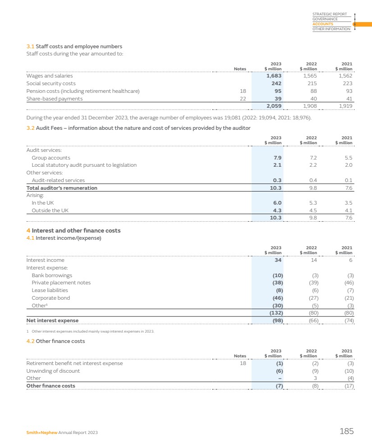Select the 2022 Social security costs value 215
[x=311, y=83]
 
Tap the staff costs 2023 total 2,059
[x=274, y=105]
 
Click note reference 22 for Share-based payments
[x=243, y=99]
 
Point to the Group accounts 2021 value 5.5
[x=348, y=158]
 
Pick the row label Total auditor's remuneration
[x=62, y=188]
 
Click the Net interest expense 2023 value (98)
[x=275, y=320]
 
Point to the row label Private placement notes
[x=61, y=283]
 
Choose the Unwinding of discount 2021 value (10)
[x=346, y=371]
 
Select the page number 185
[x=346, y=432]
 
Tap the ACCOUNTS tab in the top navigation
[x=323, y=24]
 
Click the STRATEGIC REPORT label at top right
[x=330, y=14]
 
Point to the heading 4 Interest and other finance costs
[x=73, y=231]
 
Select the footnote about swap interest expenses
[x=90, y=331]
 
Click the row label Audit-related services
[x=58, y=180]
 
